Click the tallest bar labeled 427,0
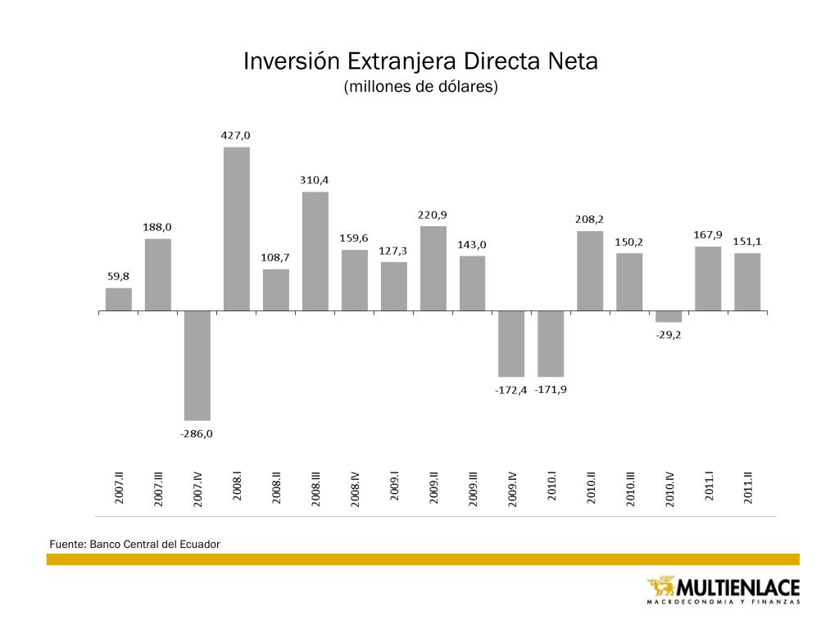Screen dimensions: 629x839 [237, 229]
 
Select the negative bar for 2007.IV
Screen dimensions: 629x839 [197, 365]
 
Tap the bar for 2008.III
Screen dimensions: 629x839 [315, 251]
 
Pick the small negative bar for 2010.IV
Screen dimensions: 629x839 [669, 316]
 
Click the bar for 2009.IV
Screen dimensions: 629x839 [511, 344]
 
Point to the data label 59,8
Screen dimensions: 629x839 [119, 276]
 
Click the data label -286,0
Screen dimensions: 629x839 [197, 433]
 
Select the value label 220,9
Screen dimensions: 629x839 [433, 215]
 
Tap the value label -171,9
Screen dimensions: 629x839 [551, 389]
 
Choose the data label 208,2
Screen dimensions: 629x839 [590, 219]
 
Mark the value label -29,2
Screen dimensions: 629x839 [669, 333]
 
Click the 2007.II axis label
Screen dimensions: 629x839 [120, 488]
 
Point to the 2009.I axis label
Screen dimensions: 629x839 [394, 488]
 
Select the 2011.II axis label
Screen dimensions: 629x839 [747, 488]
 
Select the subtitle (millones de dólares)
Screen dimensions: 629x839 [420, 86]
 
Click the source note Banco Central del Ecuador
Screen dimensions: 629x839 [155, 543]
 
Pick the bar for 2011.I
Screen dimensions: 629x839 [708, 278]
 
